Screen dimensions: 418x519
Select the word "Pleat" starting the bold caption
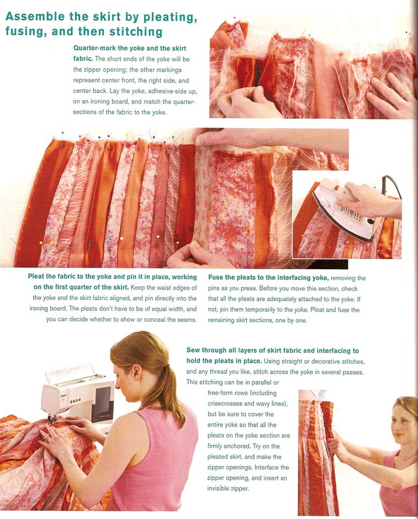pos(36,277)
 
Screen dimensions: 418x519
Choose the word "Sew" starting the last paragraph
pos(193,350)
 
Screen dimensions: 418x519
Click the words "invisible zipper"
pos(228,488)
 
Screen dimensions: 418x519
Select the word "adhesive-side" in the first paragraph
pos(172,91)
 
